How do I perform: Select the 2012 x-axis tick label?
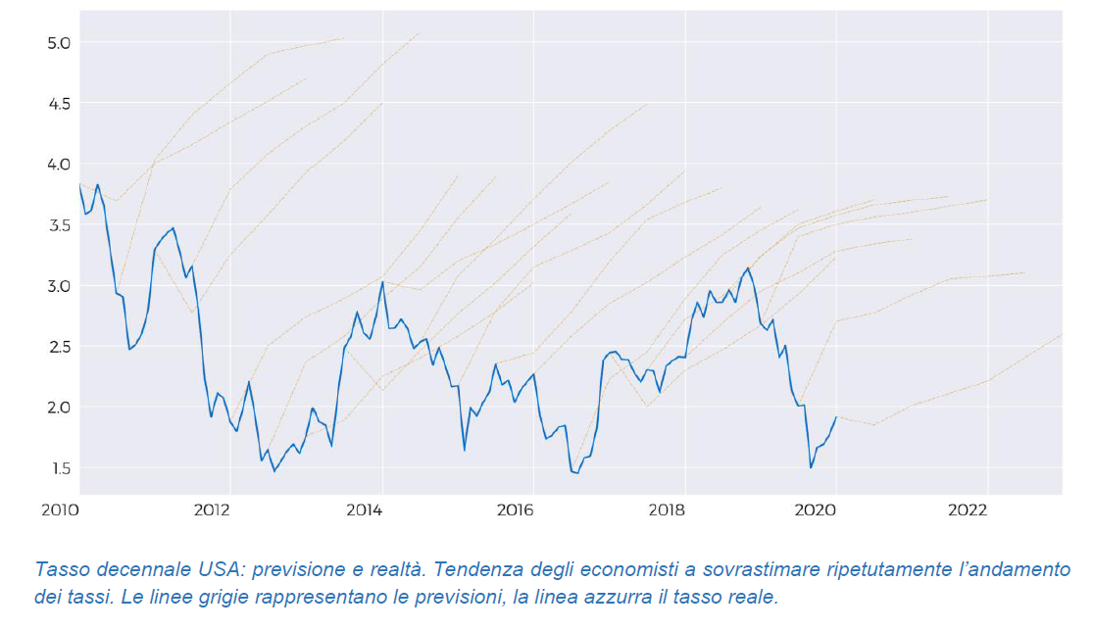(x=211, y=510)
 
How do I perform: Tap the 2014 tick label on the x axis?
(x=363, y=510)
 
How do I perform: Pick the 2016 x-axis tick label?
(x=515, y=510)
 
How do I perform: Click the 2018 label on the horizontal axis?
(x=666, y=510)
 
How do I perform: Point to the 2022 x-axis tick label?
(x=969, y=510)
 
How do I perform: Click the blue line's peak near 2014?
(x=382, y=282)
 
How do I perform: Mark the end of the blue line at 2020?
(x=836, y=417)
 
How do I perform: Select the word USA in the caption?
(x=194, y=569)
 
